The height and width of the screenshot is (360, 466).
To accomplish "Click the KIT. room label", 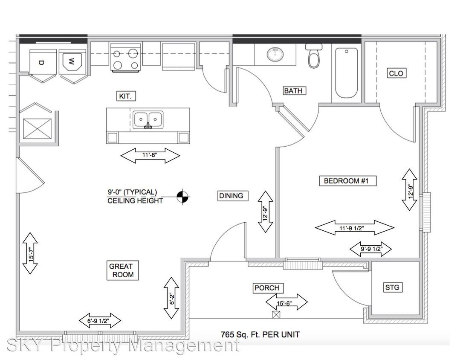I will [126, 96].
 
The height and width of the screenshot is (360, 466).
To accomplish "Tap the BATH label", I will [295, 90].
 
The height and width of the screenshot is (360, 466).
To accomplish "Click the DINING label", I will [231, 196].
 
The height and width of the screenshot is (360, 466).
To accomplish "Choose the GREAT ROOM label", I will [121, 270].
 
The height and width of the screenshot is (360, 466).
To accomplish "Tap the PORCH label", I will [267, 288].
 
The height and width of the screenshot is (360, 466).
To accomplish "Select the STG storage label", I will [392, 287].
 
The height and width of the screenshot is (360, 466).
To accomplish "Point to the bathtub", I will [346, 73].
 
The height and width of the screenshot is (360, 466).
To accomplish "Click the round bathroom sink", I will [275, 54].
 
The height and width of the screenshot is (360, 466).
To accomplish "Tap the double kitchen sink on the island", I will [148, 120].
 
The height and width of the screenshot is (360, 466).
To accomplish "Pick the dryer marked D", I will [43, 62].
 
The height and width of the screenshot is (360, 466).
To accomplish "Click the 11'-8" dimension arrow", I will [151, 156].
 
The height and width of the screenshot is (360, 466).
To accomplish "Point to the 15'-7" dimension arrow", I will [30, 253].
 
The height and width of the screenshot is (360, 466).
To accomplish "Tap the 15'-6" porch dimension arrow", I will [287, 302].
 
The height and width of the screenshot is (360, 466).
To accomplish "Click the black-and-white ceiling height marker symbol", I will [183, 196].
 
